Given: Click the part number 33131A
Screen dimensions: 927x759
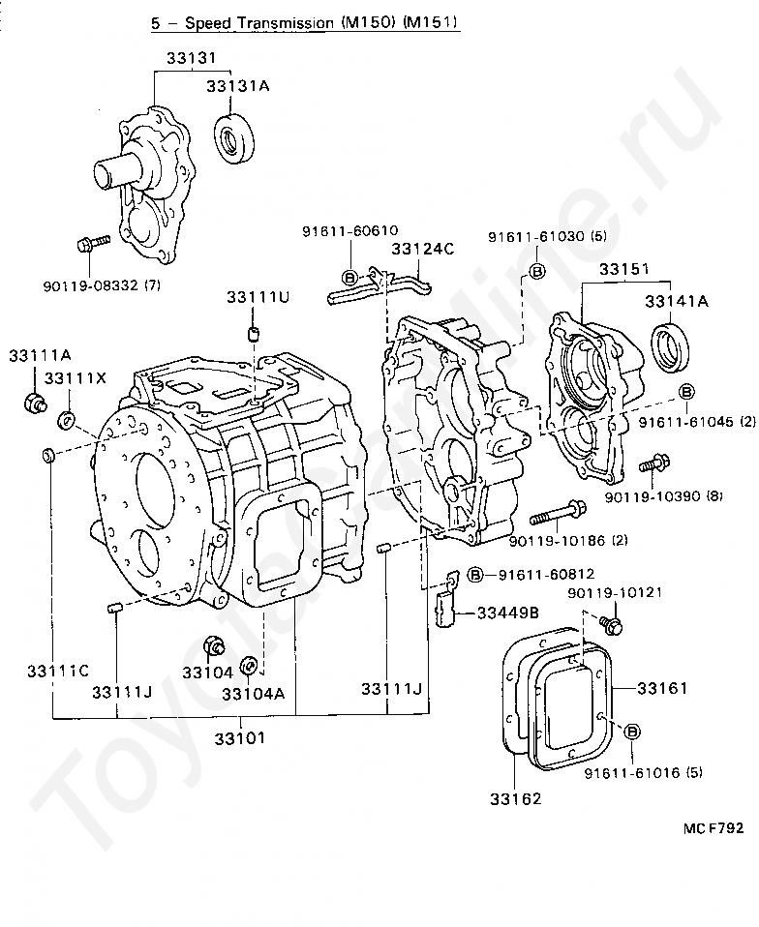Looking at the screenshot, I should [237, 87].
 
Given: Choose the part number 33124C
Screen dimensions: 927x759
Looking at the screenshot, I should [423, 250].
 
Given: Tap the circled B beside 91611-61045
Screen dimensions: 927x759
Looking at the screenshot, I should [686, 391].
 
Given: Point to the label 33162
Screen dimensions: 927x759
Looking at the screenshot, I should [515, 798].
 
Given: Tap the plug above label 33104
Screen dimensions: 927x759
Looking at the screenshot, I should [214, 646].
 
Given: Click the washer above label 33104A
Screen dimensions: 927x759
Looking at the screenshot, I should [248, 666].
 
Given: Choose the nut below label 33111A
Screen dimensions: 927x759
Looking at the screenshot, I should [33, 401].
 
